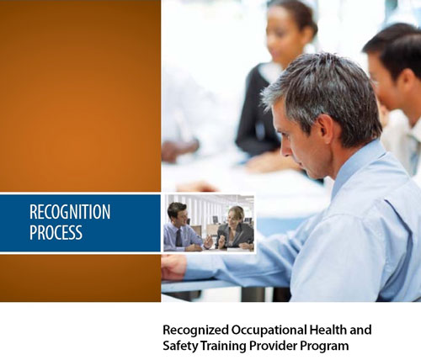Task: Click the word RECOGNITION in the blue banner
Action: coord(70,212)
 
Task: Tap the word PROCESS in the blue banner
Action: coord(56,232)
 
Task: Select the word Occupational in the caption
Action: coord(269,331)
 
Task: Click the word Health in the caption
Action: coord(328,330)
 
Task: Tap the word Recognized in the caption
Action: coord(195,331)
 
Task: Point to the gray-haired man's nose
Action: coord(285,150)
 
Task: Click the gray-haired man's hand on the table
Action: coord(173,267)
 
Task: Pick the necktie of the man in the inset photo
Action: coord(179,238)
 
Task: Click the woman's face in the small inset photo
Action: coord(234,217)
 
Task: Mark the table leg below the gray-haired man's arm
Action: coord(253,294)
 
